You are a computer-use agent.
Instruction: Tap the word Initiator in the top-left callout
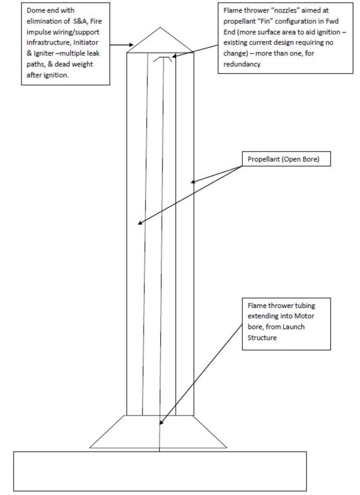[85, 42]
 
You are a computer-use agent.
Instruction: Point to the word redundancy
[242, 64]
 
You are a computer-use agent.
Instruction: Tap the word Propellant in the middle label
[262, 159]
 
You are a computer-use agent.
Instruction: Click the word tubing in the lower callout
[305, 306]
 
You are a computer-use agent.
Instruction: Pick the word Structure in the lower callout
[262, 338]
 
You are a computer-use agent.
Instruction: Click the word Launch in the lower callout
[293, 327]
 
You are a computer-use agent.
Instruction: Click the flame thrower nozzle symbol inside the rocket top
[163, 59]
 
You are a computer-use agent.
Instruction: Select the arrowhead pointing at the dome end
[131, 45]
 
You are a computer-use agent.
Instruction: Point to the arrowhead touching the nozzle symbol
[174, 56]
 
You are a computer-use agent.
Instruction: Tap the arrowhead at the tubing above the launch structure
[162, 422]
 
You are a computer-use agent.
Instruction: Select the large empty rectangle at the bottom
[160, 471]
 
